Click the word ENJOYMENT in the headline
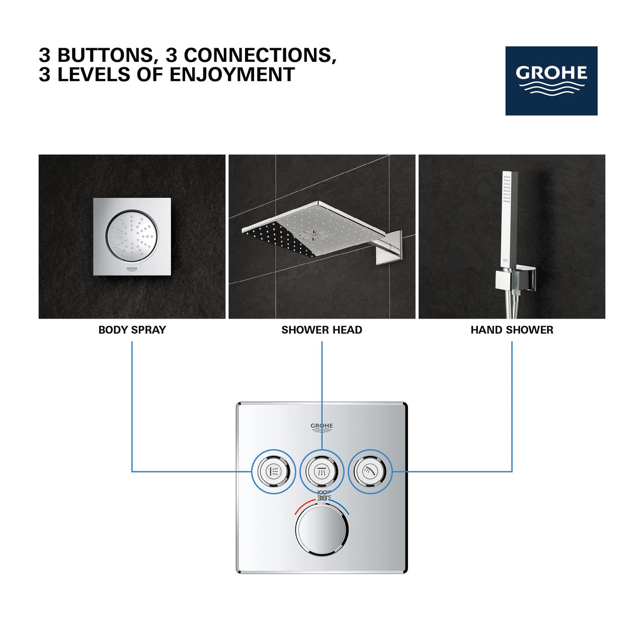[232, 75]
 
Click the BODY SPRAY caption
[132, 330]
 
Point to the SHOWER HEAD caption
[321, 330]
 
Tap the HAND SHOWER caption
[512, 330]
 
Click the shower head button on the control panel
[321, 472]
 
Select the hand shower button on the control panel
[370, 471]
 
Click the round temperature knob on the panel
[321, 530]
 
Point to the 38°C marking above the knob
[324, 498]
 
